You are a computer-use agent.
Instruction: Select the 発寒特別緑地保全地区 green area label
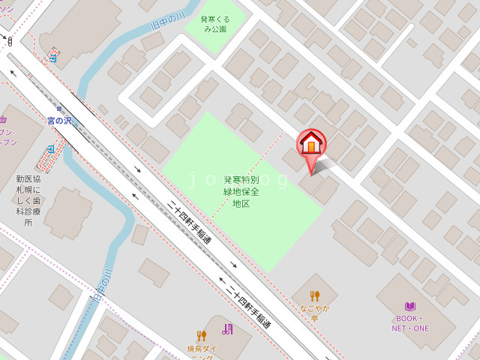[241, 191]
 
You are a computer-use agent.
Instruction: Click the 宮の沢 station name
[60, 120]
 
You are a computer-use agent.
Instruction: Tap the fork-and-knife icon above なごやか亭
[315, 295]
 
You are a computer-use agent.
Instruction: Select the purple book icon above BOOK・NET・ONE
[409, 306]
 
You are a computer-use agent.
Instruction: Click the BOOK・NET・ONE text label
[409, 322]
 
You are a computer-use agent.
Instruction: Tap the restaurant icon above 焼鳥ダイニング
[201, 334]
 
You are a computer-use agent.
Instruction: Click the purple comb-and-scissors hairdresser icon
[227, 328]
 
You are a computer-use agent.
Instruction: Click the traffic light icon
[10, 42]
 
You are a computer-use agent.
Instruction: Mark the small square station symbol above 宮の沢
[59, 109]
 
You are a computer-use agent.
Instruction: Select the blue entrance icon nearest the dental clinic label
[52, 149]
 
